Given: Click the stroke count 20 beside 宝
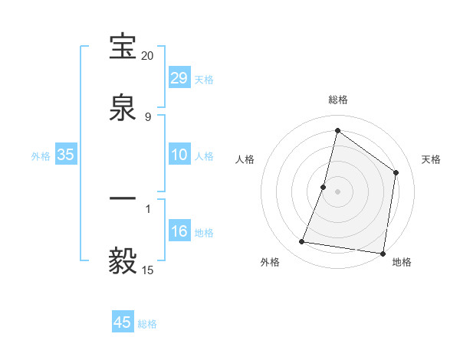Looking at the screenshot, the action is (x=148, y=56).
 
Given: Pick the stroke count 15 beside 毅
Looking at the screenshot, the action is (x=148, y=270).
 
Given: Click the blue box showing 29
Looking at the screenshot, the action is (x=179, y=78).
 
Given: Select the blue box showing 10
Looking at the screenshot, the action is (x=179, y=155).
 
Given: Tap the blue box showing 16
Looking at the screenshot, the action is (x=179, y=231).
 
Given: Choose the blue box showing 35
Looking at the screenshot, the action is (x=66, y=155).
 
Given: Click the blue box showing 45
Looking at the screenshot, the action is (x=123, y=322).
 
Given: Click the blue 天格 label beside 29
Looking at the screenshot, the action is (x=204, y=79).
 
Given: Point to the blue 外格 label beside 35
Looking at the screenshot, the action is (x=41, y=155).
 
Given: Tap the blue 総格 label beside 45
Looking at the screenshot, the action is (x=147, y=323).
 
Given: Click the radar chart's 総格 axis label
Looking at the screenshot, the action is (x=338, y=100).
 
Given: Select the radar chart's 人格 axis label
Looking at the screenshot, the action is (x=245, y=159).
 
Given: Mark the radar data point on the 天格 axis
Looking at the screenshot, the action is (x=396, y=172).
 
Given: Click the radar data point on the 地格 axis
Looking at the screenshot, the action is (x=383, y=253).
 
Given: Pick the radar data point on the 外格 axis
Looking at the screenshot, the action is (x=302, y=242).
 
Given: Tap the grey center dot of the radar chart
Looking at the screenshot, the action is (x=338, y=191).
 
